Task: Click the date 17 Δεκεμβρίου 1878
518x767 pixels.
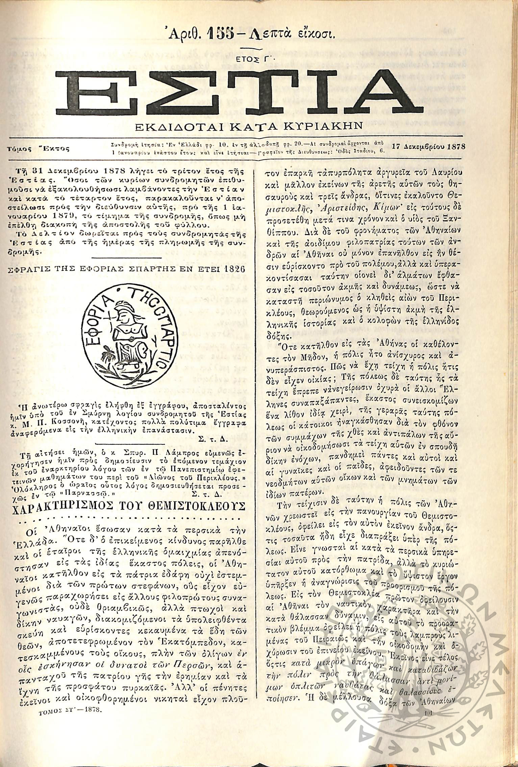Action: coord(428,147)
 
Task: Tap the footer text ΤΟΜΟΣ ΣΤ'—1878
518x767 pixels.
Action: coord(70,737)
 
